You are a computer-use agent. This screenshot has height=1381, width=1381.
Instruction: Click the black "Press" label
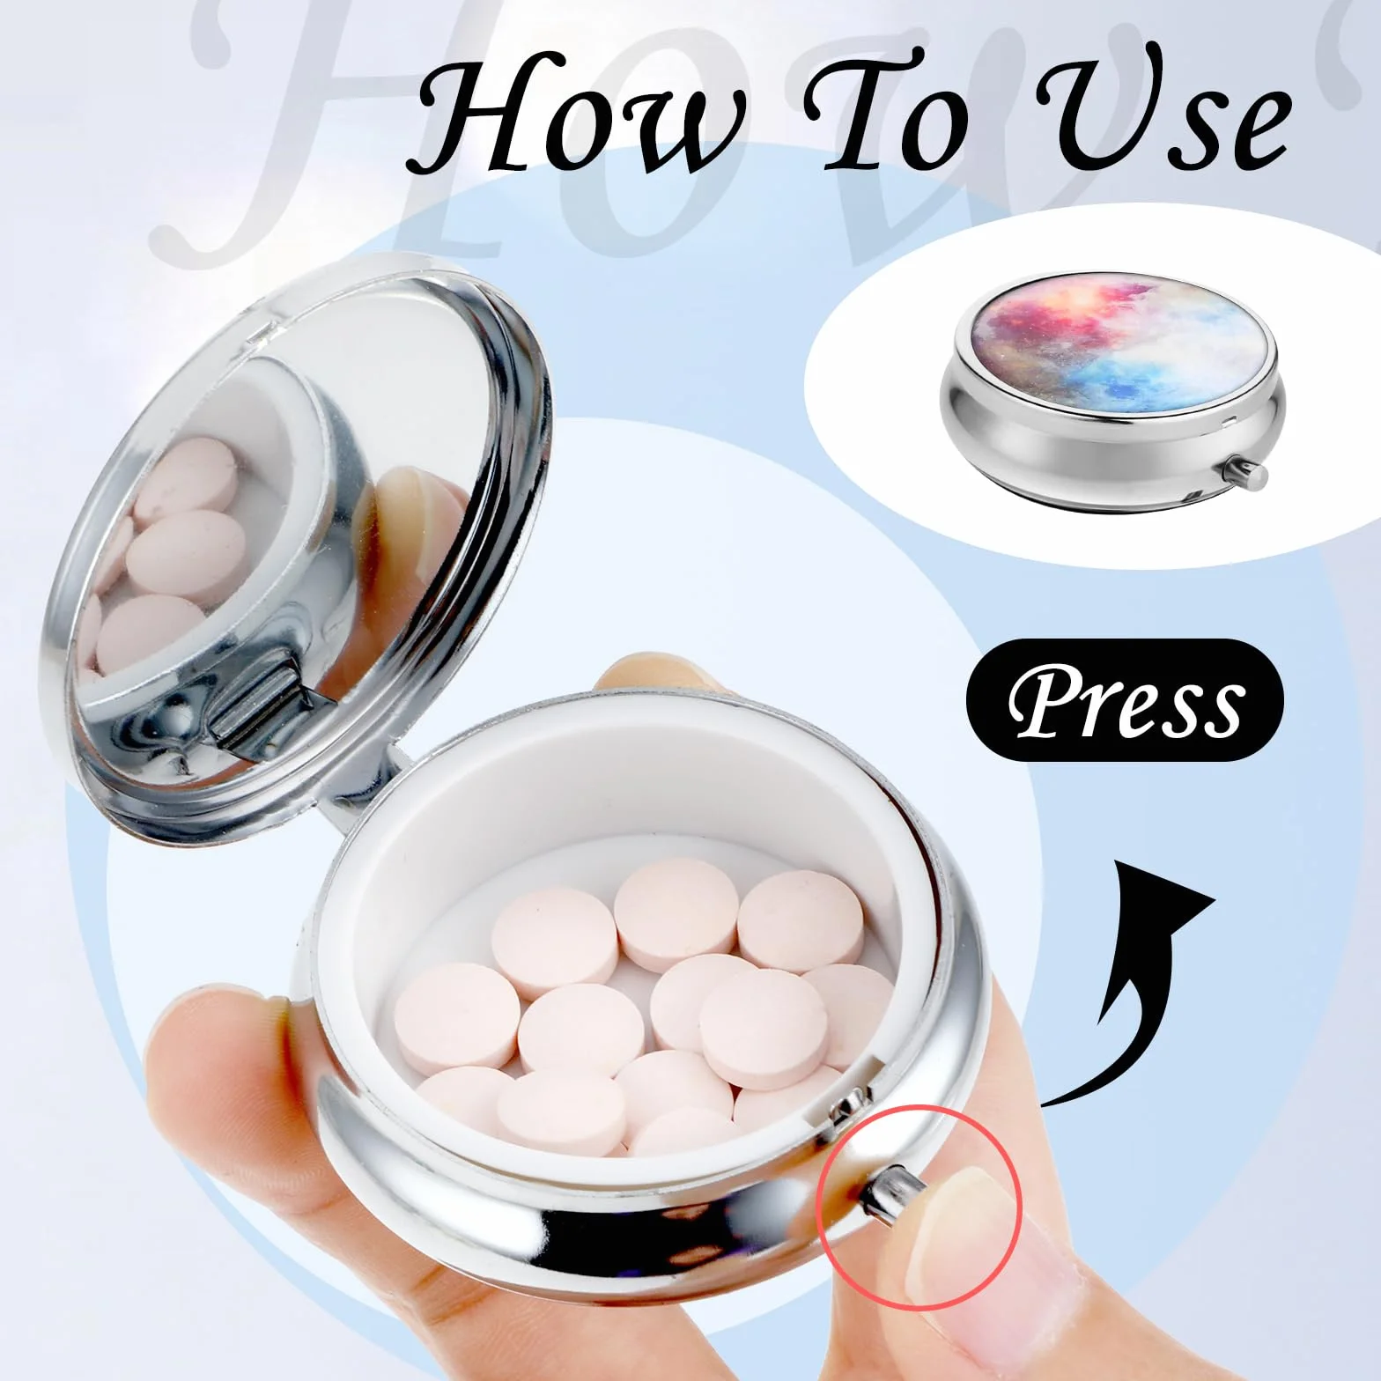1125,700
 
